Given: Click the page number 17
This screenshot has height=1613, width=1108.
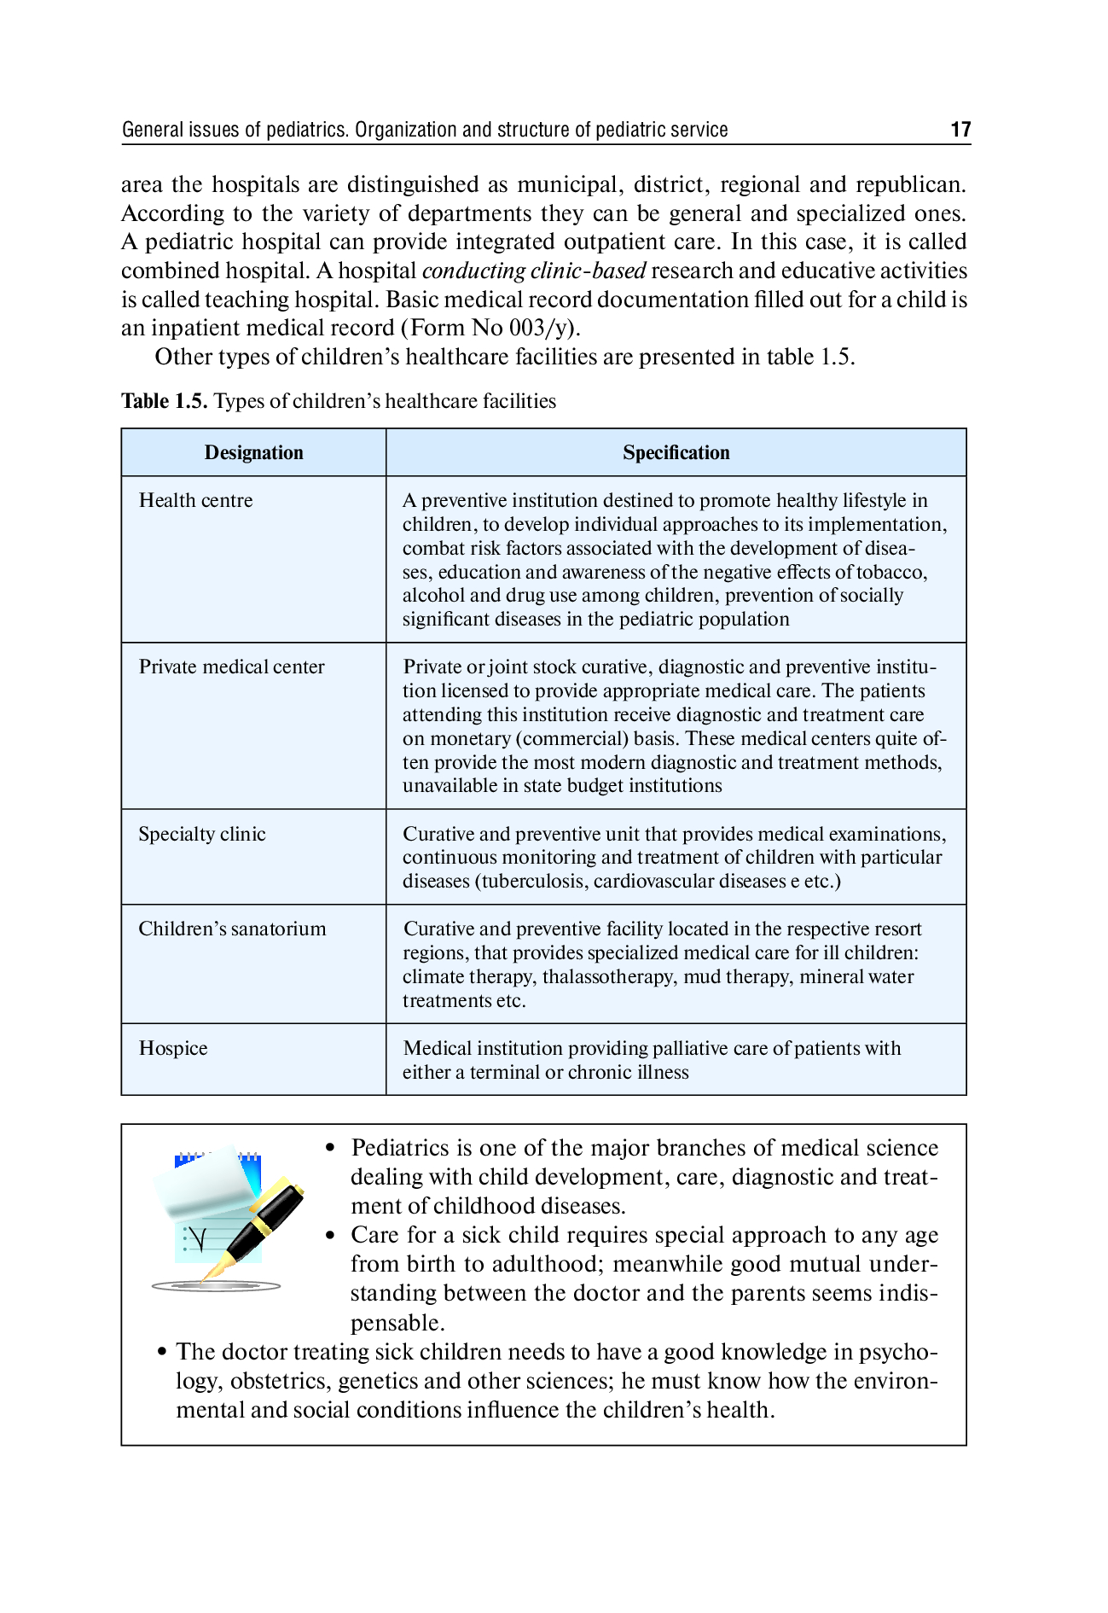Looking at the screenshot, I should [x=960, y=130].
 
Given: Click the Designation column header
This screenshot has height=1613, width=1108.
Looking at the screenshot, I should [x=253, y=453].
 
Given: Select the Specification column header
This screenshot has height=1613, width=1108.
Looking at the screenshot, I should [x=676, y=453].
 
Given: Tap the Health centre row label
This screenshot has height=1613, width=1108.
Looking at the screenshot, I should [x=195, y=501].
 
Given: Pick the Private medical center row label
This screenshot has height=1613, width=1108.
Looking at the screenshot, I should [x=231, y=667].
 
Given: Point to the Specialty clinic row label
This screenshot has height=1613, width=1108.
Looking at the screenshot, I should [x=202, y=835].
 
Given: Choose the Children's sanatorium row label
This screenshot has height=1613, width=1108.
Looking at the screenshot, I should [x=232, y=929].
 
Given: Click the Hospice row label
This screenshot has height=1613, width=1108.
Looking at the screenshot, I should [x=173, y=1049].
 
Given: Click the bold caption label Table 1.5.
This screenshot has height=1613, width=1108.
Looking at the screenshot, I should [x=164, y=402].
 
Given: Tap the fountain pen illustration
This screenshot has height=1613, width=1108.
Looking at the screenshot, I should [x=256, y=1229].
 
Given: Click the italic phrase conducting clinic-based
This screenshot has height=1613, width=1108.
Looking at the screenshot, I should [x=534, y=271].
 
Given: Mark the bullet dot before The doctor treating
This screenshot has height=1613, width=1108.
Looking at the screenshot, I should [x=161, y=1353].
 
